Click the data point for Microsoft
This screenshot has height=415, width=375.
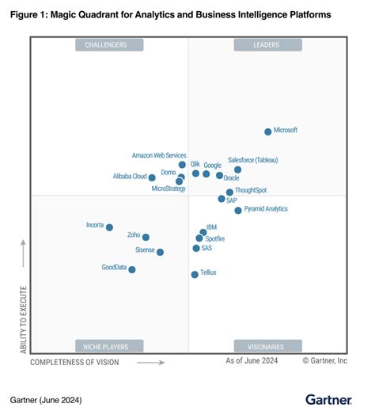point(267,131)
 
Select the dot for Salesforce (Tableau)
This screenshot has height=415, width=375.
point(237,169)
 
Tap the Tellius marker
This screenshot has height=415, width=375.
point(194,274)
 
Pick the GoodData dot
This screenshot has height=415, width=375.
point(131,269)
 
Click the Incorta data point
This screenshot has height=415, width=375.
point(109,227)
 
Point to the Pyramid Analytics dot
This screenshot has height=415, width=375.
point(237,210)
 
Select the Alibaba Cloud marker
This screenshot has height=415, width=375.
point(152,177)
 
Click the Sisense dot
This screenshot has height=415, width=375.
point(160,252)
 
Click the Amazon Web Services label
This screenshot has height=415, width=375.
point(159,155)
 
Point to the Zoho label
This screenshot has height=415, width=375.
point(133,235)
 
